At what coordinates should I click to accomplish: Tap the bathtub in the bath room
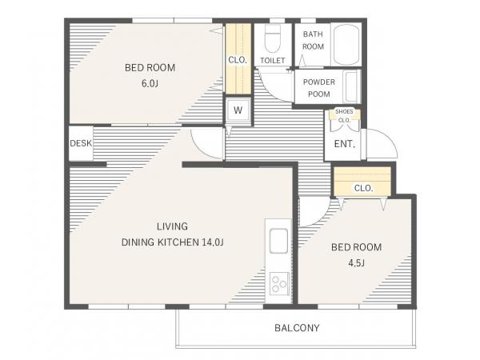coord(346,44)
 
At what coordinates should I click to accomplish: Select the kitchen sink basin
coord(278,241)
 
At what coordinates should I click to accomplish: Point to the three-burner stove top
coord(279,283)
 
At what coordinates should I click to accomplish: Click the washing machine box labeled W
coord(238,110)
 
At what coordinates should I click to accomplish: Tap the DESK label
coord(81,143)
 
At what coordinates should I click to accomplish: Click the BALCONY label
coord(297,328)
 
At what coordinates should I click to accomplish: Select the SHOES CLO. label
coord(344,116)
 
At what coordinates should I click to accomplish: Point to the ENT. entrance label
coord(344,144)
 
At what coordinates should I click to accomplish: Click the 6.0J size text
coord(150,83)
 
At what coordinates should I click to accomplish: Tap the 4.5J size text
coord(356,262)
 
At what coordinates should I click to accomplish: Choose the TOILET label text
coord(273,61)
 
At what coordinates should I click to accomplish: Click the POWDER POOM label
coord(319,88)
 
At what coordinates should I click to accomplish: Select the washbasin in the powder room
coord(351,86)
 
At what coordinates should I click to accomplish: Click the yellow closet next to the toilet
coord(238,58)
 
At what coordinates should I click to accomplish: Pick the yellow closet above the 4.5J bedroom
coord(362,182)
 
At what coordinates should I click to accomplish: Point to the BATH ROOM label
coord(313,40)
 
